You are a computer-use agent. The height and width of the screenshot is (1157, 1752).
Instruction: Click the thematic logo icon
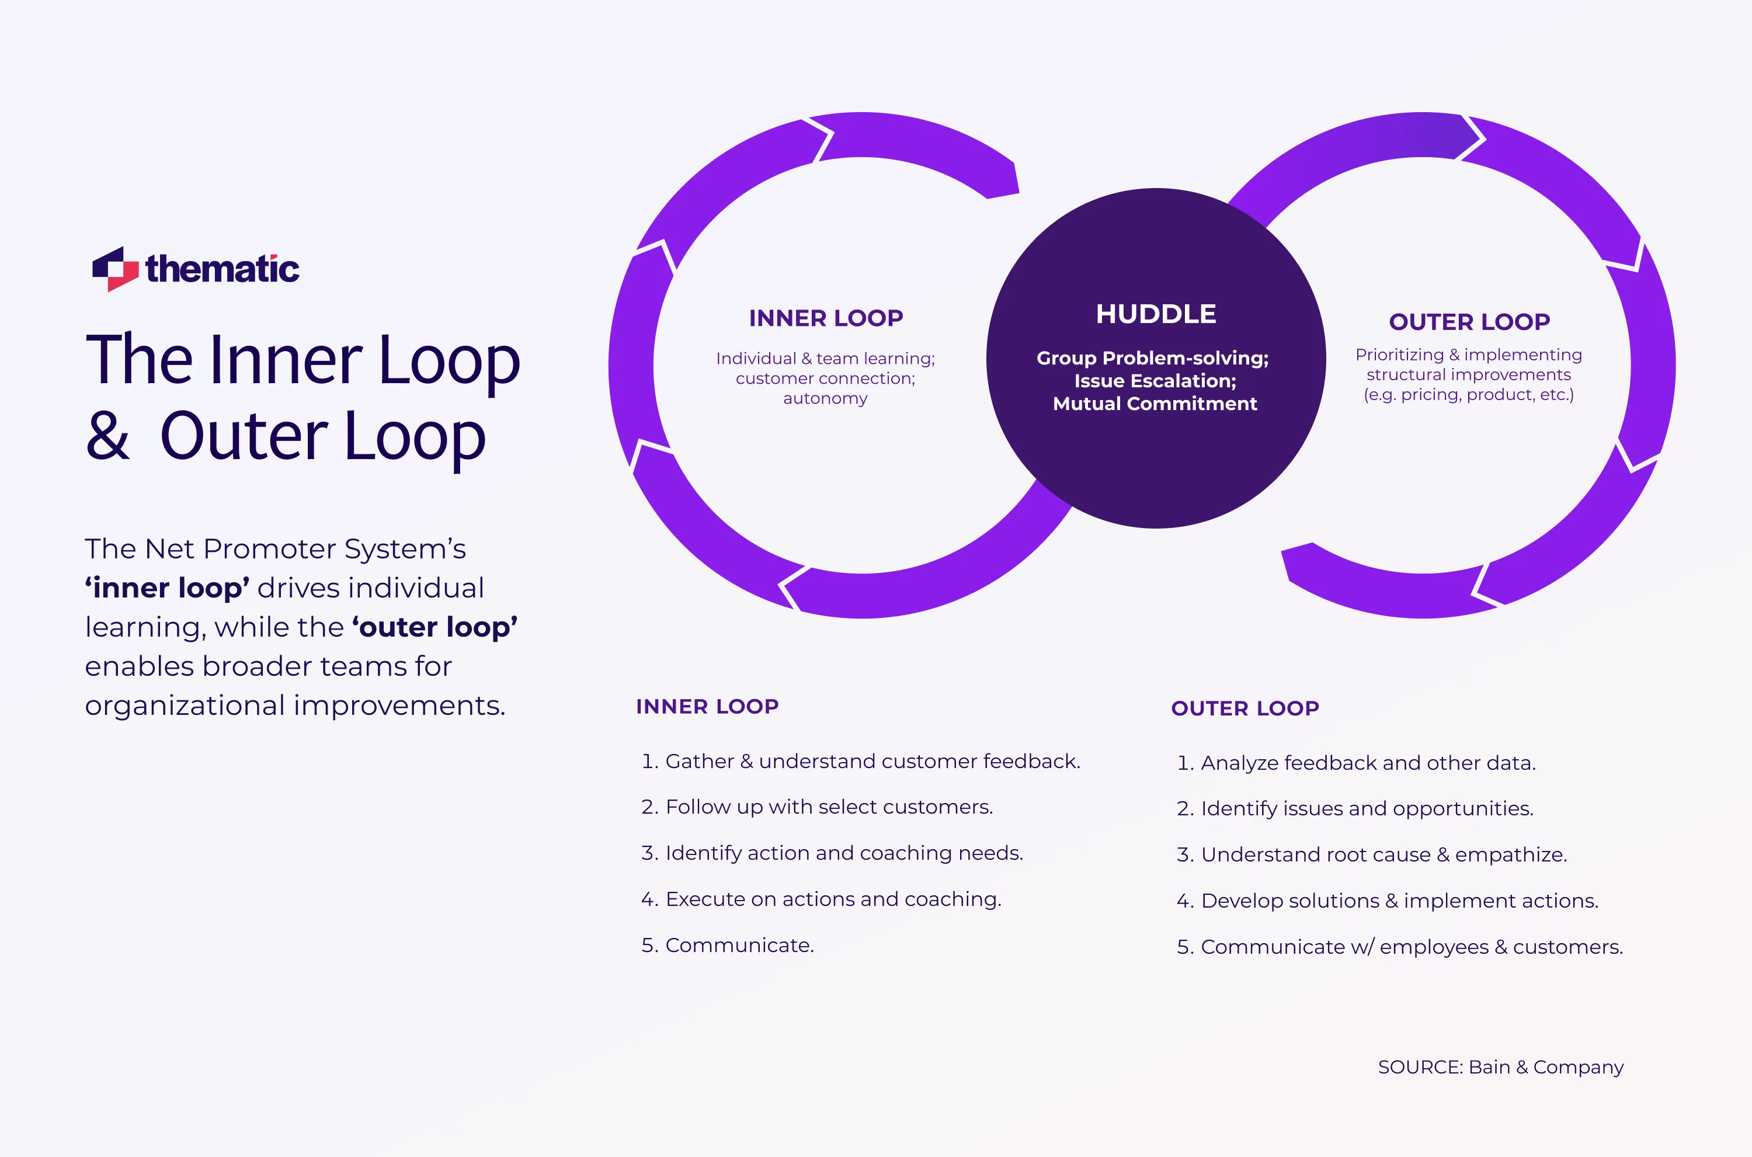pyautogui.click(x=115, y=269)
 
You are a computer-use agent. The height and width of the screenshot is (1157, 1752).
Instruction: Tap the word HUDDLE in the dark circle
pyautogui.click(x=1156, y=314)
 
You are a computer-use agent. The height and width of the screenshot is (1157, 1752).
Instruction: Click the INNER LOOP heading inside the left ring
pyautogui.click(x=825, y=318)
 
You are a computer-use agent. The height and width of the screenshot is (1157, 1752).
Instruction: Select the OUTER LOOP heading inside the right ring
pyautogui.click(x=1469, y=322)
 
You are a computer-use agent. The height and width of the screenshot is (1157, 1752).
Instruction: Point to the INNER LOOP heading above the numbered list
pyautogui.click(x=707, y=706)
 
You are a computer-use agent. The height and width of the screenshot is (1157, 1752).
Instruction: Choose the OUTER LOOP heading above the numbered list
pyautogui.click(x=1245, y=708)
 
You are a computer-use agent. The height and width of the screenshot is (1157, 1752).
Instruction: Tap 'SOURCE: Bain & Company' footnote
pyautogui.click(x=1500, y=1067)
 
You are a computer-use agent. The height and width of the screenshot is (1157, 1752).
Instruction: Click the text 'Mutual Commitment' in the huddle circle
pyautogui.click(x=1155, y=404)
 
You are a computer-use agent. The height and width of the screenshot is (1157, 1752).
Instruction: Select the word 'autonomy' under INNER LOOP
pyautogui.click(x=825, y=398)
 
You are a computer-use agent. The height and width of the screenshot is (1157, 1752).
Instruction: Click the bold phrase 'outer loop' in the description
pyautogui.click(x=434, y=627)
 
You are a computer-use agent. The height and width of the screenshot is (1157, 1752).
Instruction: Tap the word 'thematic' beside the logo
pyautogui.click(x=222, y=269)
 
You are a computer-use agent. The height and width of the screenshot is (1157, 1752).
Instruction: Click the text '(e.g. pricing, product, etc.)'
pyautogui.click(x=1468, y=395)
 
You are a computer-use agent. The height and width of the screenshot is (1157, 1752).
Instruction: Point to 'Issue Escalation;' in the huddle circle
pyautogui.click(x=1155, y=381)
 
